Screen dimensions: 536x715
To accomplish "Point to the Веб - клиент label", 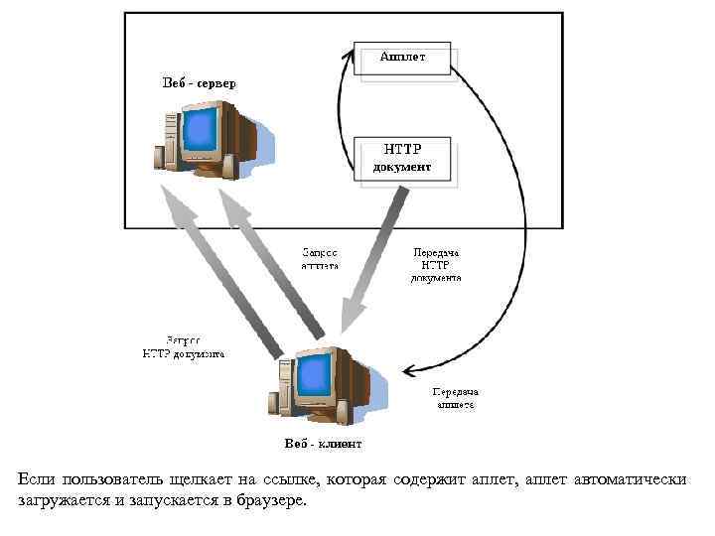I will click(x=323, y=443).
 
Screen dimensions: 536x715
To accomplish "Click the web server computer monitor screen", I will click(x=202, y=131).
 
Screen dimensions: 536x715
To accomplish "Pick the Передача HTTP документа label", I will click(x=435, y=265).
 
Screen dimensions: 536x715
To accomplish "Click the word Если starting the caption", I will click(x=36, y=479).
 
